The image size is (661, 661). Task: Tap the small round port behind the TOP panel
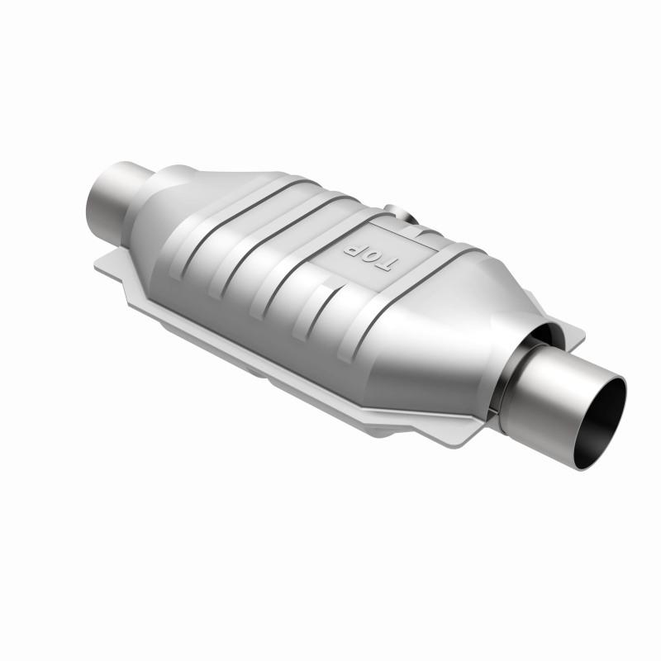coord(406,216)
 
